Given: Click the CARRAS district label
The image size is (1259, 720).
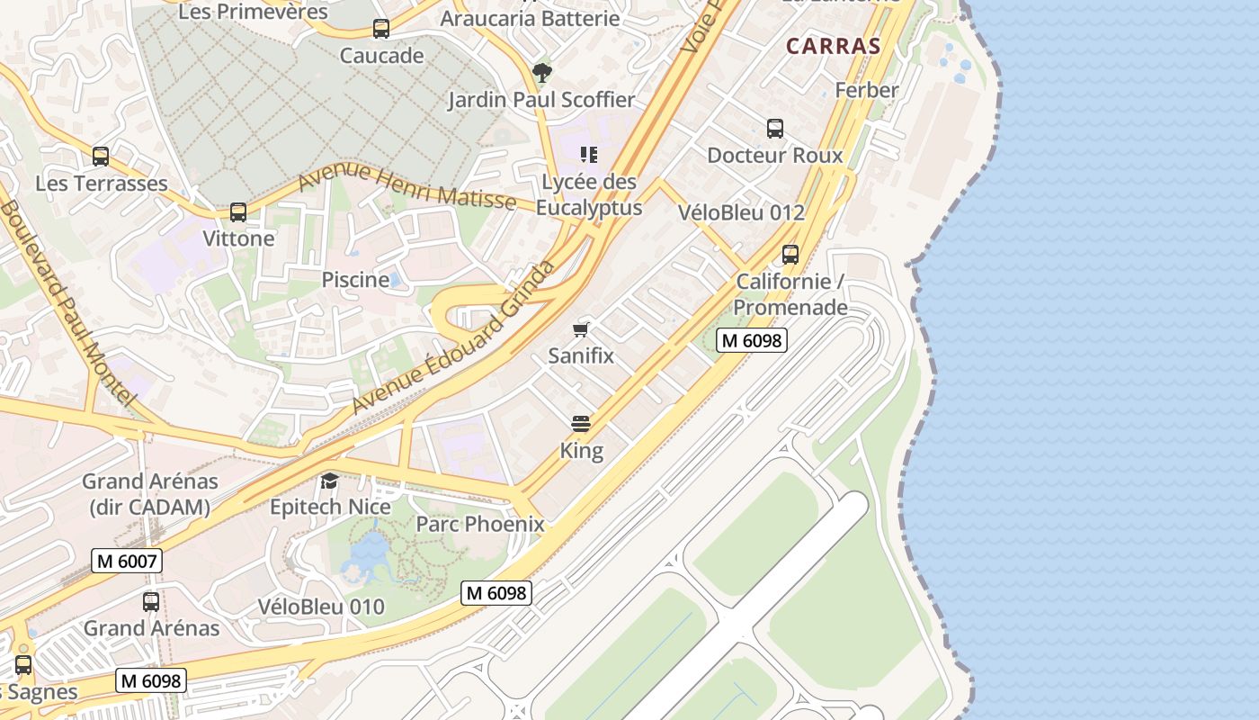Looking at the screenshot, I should coord(833,46).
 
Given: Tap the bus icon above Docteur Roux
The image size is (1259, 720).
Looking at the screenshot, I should coord(775,129).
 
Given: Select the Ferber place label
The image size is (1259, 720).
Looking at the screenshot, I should coord(866,90).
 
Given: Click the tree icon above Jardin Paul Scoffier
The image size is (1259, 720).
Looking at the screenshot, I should coord(541,72).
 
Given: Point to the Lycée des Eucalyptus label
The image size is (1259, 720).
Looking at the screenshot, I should coord(589,194).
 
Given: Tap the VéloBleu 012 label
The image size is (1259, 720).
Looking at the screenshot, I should coord(741,212).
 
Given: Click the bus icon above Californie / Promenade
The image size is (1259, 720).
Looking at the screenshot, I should coord(790,255).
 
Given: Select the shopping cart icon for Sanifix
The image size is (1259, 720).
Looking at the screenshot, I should coord(581,329).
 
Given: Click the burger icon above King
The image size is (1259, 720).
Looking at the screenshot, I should coord(581,424).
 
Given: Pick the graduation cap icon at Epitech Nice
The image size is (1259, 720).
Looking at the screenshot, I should coord(329,481).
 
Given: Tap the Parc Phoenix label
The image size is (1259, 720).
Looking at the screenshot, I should coord(480,524).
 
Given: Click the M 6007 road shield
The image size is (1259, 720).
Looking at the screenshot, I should coord(127,562).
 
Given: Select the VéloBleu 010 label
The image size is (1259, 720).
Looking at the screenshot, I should coord(321,607).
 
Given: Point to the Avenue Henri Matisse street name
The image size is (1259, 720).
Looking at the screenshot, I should coord(406,188).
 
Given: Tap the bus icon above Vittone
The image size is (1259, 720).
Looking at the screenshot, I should coord(238,212).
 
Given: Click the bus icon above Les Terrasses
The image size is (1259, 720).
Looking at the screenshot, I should coord(101,157).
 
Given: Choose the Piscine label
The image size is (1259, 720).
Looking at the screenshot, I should coord(355,280).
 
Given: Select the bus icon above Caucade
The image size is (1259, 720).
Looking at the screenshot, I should coord(381,29).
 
